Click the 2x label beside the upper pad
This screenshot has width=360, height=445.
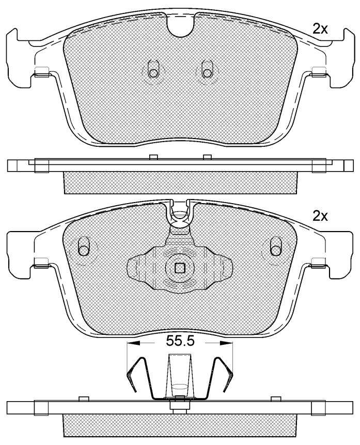[320, 29]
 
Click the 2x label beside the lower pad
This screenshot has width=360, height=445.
[320, 216]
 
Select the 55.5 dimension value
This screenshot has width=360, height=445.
[180, 342]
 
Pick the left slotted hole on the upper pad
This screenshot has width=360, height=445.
[152, 69]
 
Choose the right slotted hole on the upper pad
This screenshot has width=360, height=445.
[207, 69]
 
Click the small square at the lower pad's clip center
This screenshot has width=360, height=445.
[180, 268]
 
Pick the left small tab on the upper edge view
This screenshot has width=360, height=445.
[152, 157]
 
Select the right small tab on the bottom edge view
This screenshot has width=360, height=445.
[276, 398]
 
